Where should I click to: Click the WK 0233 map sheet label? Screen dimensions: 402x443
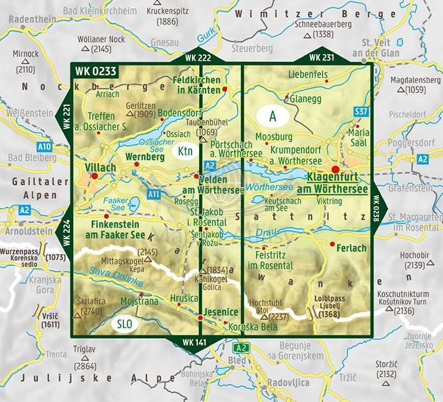(94, 71)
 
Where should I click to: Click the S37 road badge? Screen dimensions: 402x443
(361, 112)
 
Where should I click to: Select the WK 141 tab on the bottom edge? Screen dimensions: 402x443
(197, 341)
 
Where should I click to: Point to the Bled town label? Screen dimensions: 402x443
(239, 360)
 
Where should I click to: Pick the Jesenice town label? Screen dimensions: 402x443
(221, 312)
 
